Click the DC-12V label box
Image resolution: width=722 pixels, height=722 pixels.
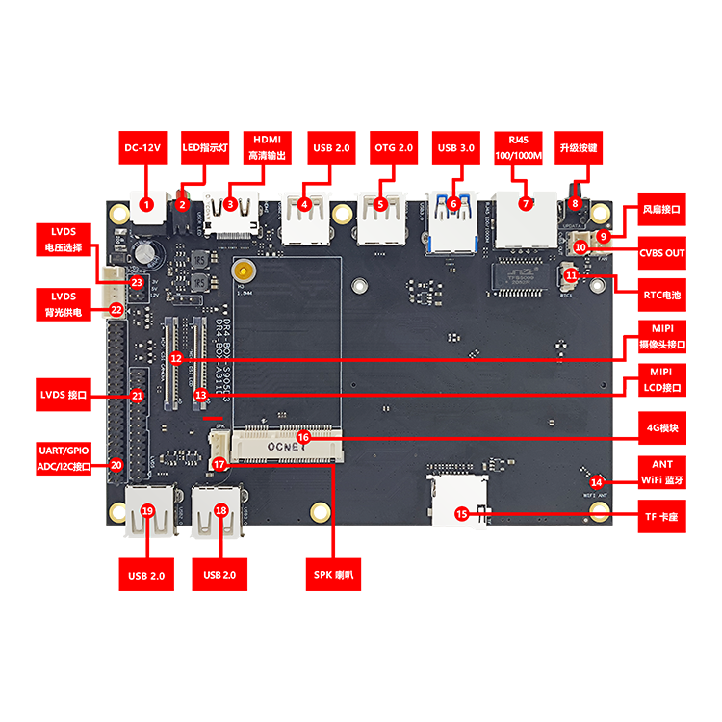tap(145, 148)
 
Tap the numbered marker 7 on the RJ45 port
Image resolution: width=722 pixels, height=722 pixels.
tap(525, 203)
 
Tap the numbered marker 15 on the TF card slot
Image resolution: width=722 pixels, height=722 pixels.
tap(461, 514)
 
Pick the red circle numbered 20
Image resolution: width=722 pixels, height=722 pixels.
tap(116, 465)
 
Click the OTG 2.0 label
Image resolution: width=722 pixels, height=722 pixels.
tap(393, 148)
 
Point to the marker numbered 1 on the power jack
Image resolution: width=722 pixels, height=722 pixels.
tap(146, 204)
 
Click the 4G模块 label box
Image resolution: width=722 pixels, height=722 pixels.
tap(662, 425)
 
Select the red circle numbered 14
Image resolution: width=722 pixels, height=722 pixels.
tap(597, 481)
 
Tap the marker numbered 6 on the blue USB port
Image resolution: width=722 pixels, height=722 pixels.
tap(453, 203)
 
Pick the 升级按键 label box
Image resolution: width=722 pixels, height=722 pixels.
tap(579, 148)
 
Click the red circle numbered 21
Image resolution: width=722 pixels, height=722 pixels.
tap(137, 395)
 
